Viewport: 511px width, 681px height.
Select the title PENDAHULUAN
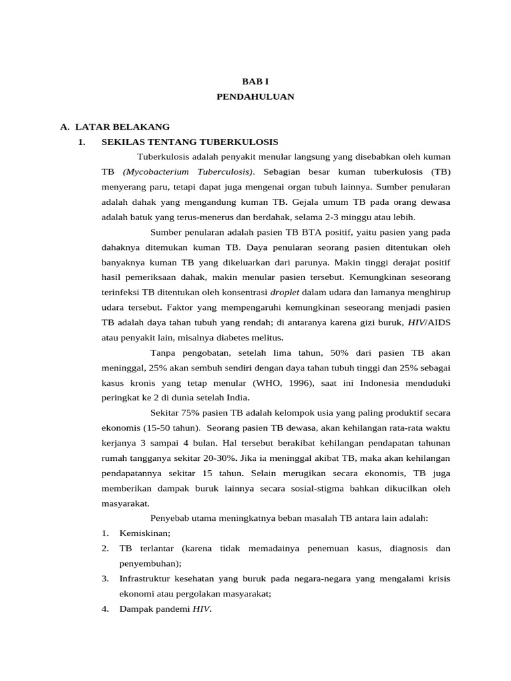(x=255, y=96)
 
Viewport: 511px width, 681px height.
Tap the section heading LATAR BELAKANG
(x=122, y=126)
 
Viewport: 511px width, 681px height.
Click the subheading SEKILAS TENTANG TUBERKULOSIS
(x=190, y=142)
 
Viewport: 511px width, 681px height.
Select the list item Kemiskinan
(x=144, y=533)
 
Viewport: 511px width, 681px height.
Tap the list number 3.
(x=105, y=579)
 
